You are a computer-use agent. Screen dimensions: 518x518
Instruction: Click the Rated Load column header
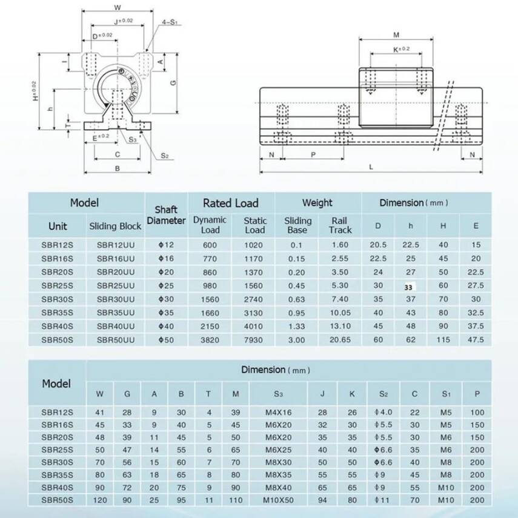point(230,203)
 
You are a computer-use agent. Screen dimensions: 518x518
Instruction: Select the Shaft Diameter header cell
point(166,216)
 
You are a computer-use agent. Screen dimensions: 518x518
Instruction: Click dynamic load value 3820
point(210,340)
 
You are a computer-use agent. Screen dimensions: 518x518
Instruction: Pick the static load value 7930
point(254,340)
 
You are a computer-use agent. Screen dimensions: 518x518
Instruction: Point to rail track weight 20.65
point(340,340)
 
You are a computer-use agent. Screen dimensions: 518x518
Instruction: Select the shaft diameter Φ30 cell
point(165,299)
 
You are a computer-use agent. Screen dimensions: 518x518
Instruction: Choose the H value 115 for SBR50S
point(443,340)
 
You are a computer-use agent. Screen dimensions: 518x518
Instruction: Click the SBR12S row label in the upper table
point(58,245)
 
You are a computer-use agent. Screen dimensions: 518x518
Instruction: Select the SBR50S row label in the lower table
point(58,500)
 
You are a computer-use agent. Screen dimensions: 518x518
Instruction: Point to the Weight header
point(317,203)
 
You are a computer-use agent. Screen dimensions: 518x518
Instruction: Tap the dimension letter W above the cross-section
point(117,8)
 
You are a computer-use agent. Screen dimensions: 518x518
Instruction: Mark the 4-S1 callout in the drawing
point(169,22)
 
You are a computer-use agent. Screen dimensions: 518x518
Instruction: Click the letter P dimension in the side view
point(313,154)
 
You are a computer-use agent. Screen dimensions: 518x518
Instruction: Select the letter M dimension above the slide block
point(396,35)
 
